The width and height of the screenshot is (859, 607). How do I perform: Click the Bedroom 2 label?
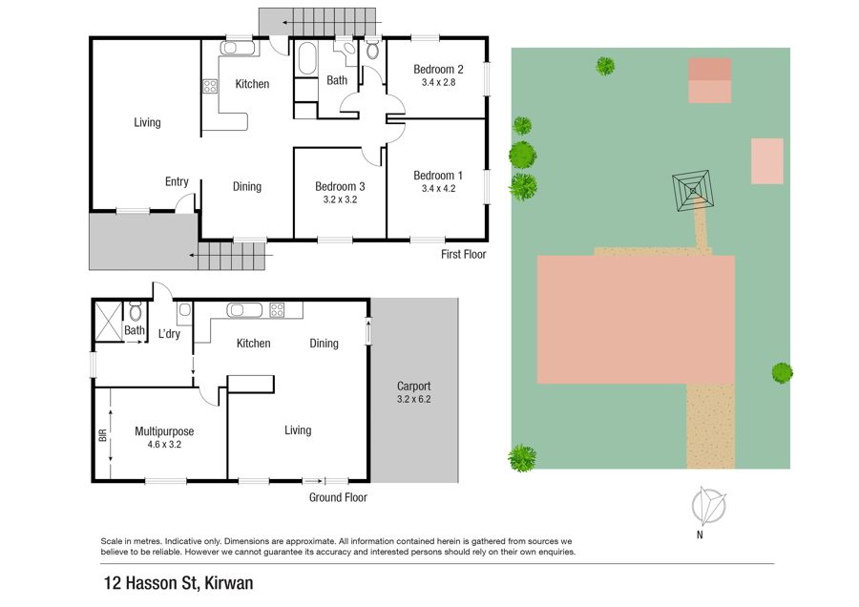[438, 70]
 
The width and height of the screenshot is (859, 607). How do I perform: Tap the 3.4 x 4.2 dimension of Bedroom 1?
[438, 188]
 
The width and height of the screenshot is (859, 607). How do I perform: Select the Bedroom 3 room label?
[340, 187]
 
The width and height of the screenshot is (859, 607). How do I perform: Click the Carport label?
[413, 387]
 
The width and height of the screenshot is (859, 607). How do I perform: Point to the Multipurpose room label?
[164, 431]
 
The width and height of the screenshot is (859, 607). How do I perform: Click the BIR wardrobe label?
[102, 435]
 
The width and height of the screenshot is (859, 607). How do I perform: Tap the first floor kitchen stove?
[210, 87]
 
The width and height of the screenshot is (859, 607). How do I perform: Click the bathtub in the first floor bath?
[306, 58]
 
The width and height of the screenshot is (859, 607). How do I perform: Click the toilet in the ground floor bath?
[136, 312]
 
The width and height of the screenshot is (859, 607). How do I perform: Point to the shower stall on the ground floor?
[108, 322]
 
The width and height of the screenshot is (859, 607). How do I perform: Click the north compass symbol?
[708, 506]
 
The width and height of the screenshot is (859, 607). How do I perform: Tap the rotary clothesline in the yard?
[693, 191]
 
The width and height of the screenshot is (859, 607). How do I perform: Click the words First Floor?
[464, 254]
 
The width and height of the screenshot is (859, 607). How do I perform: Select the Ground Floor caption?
[338, 497]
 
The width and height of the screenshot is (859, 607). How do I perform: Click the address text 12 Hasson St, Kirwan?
[178, 583]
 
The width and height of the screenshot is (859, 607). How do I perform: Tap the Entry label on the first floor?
[177, 182]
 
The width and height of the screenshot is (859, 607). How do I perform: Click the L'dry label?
[169, 334]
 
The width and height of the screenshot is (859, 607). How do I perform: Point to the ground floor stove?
[277, 310]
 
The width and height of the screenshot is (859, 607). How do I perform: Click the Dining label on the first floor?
[247, 187]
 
